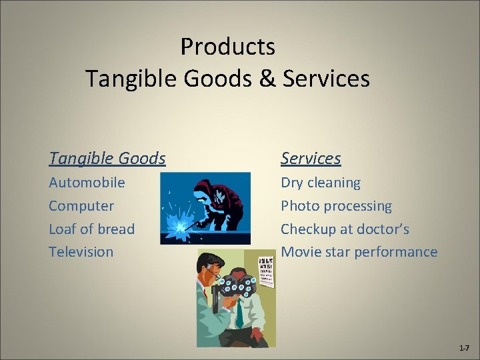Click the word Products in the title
click(227, 47)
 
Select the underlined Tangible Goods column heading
click(107, 159)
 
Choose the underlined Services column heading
click(310, 159)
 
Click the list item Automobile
click(87, 183)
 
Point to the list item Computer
click(81, 206)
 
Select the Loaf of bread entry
click(91, 229)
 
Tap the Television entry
click(81, 252)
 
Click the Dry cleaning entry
click(320, 183)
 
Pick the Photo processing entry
click(336, 206)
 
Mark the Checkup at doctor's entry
click(345, 229)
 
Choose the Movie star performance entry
click(359, 252)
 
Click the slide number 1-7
click(464, 349)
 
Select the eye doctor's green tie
click(239, 313)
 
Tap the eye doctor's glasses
click(212, 272)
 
